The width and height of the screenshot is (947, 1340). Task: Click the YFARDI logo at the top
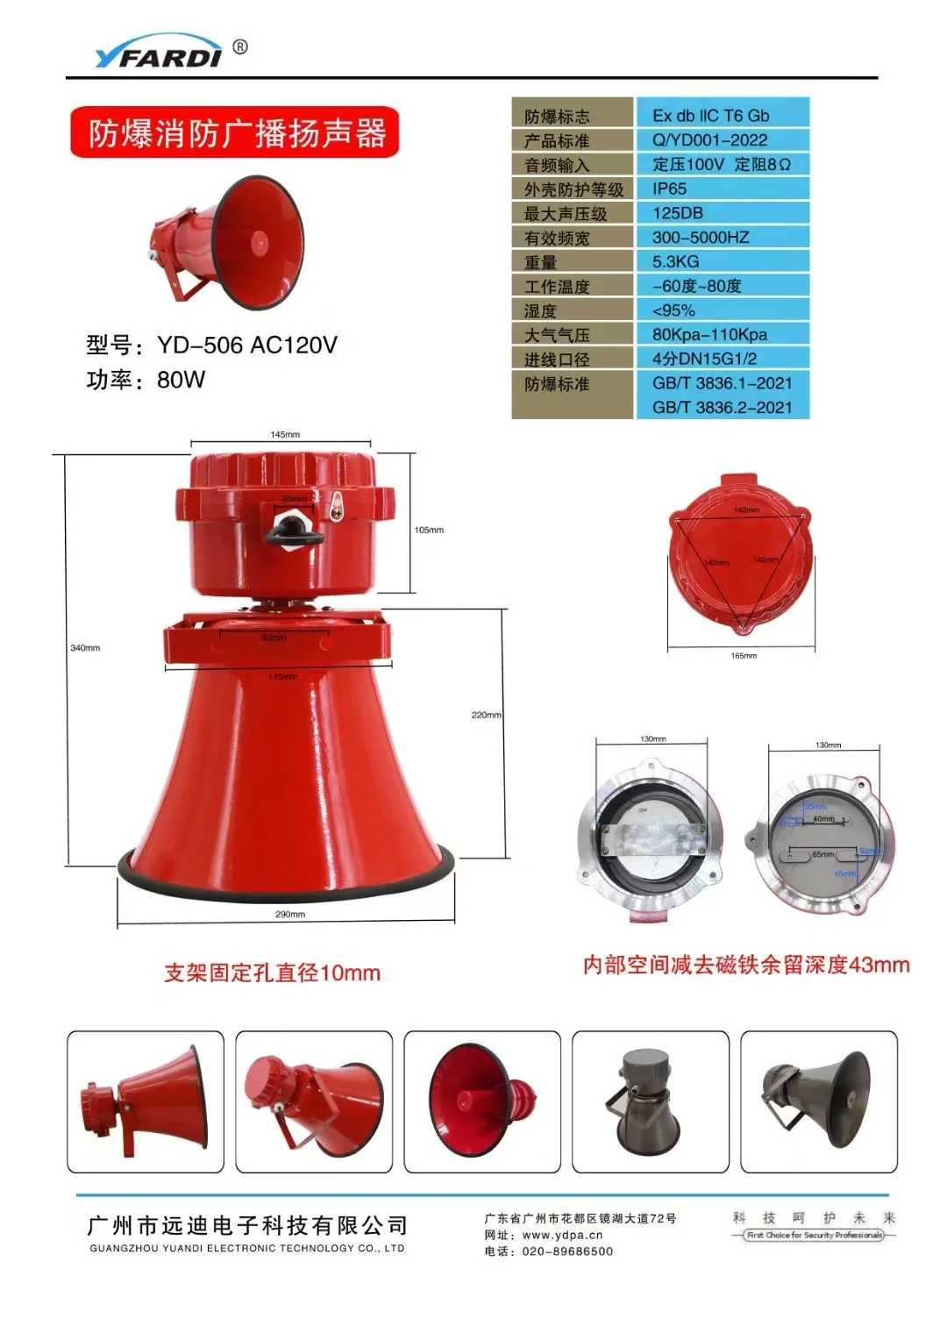point(159,54)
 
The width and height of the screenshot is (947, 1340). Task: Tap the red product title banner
point(235,132)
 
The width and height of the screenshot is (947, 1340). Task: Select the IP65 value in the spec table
point(669,189)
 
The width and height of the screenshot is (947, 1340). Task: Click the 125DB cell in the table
point(677,213)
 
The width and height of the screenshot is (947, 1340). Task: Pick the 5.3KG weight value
point(675,261)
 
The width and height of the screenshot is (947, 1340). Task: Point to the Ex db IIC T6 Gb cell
point(710,116)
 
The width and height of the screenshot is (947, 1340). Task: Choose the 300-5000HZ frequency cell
point(700,238)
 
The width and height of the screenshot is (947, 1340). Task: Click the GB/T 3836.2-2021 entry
point(721,408)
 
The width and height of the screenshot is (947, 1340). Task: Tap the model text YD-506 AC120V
point(247,346)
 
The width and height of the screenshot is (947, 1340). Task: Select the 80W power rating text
point(181,380)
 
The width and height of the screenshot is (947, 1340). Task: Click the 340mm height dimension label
point(85,648)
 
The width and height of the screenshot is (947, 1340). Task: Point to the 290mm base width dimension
point(290,915)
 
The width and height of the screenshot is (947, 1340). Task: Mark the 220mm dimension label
point(486,716)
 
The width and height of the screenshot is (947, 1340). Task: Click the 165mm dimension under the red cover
point(744,656)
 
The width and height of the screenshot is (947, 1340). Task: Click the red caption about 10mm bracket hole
point(272,973)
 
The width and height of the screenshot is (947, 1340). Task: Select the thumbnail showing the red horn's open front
point(481,1102)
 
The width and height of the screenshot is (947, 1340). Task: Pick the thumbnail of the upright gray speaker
point(650,1102)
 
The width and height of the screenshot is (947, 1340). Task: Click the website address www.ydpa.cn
point(562,1235)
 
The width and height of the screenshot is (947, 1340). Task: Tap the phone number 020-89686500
point(567,1251)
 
